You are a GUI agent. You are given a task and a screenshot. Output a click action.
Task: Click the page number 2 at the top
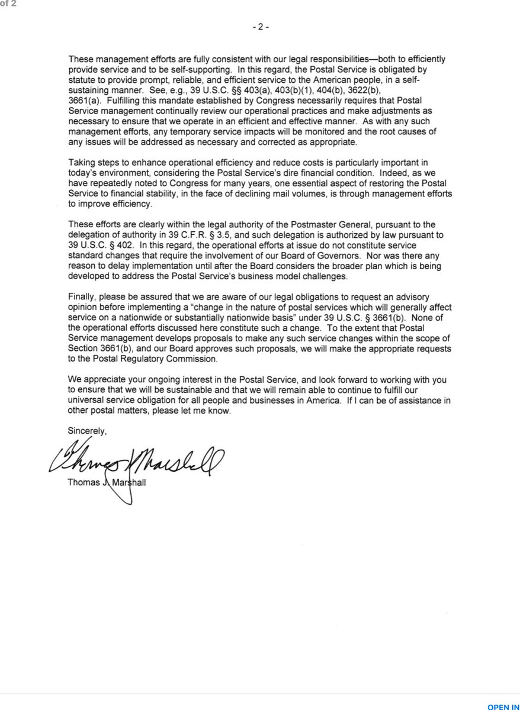(261, 28)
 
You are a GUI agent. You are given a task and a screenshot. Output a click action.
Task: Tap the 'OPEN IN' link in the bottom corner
(503, 706)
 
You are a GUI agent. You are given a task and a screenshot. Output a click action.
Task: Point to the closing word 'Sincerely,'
(87, 431)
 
